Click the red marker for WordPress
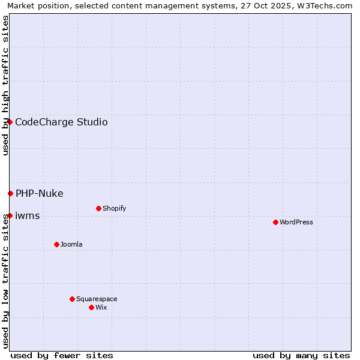coord(275,222)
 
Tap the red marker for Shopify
coord(98,208)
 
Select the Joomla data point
coord(56,244)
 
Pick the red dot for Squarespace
coord(72,299)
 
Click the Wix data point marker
coord(91,307)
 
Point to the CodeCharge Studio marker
coord(10,122)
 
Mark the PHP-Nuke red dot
coord(10,193)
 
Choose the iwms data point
coord(10,215)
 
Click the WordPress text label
coord(296,222)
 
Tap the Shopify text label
coord(115,208)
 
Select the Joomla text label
coord(71,244)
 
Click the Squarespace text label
coord(97,299)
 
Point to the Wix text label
coord(101,307)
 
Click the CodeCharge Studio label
coord(61,122)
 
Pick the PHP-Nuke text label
coord(40,193)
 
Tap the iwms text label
coord(28,216)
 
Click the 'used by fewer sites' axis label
coord(62,355)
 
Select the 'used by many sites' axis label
coord(301,355)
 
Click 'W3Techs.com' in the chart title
coord(325,5)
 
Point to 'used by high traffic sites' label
coord(5,85)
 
